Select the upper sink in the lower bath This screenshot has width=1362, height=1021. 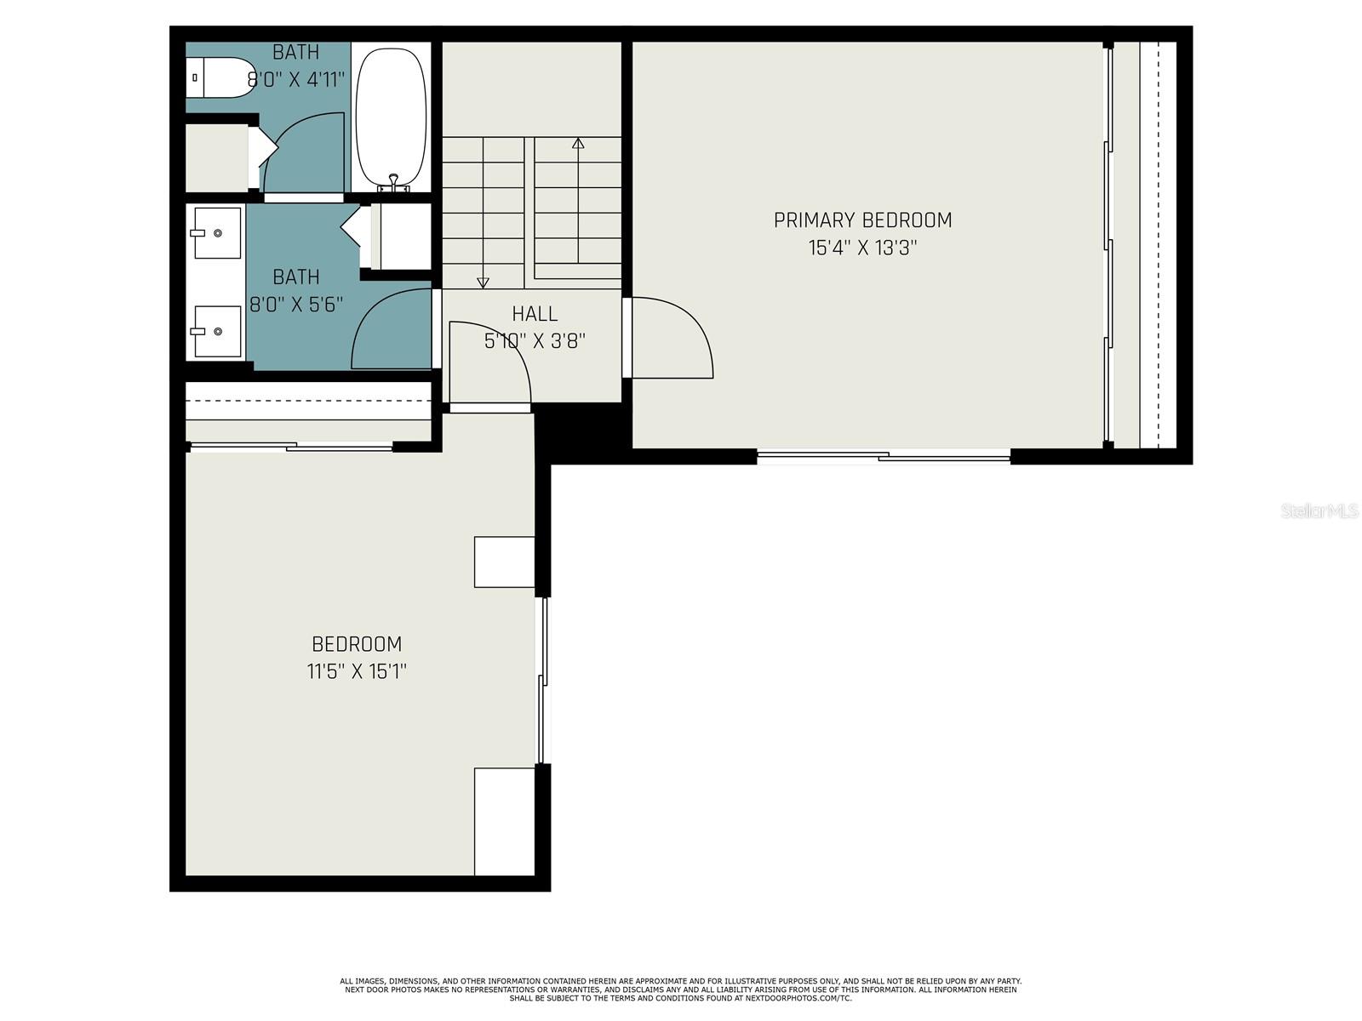click(x=217, y=232)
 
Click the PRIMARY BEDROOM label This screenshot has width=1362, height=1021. click(x=862, y=220)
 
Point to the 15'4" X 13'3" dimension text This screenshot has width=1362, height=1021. click(x=862, y=248)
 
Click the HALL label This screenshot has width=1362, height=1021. click(x=535, y=314)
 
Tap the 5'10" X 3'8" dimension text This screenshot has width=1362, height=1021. click(x=535, y=341)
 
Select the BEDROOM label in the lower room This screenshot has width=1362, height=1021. click(x=357, y=644)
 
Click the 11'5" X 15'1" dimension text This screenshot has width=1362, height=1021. click(x=357, y=671)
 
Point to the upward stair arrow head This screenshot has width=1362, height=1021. click(x=578, y=143)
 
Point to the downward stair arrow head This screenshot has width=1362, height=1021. click(x=483, y=282)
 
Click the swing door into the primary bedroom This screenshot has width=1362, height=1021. click(x=672, y=337)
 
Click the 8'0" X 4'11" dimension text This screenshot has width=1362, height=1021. click(x=295, y=80)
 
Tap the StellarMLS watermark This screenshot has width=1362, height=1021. click(x=1319, y=510)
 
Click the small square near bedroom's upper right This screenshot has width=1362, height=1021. click(x=504, y=562)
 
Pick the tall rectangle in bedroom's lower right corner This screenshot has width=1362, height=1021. click(x=504, y=821)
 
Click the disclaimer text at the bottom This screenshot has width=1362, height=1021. click(x=680, y=990)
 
